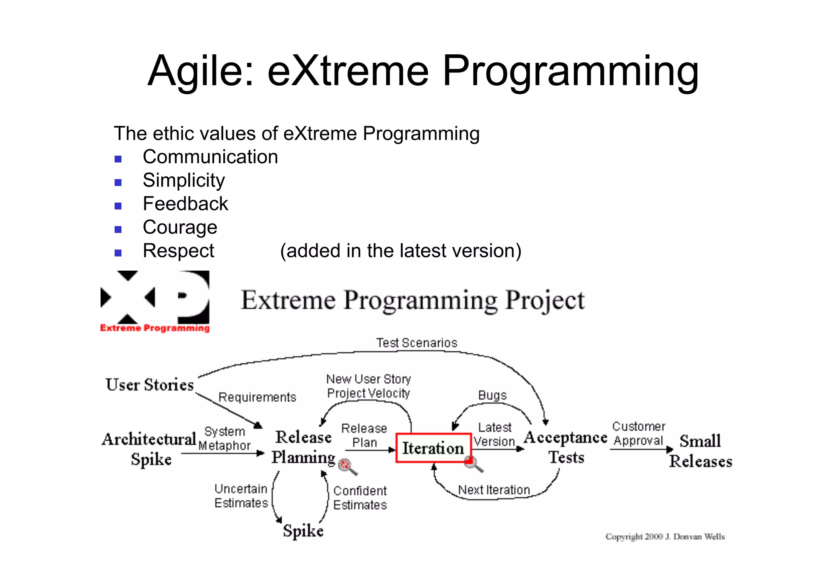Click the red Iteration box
pos(433,448)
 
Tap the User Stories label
pos(150,385)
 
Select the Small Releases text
pos(700,451)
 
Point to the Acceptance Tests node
pos(566,447)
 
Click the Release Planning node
pos(303,447)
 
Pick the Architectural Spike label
pos(149,449)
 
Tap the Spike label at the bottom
pos(303,531)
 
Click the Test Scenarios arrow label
pos(416,343)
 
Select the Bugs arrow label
pos(492,395)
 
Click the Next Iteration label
pos(494,490)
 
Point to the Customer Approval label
pos(638,434)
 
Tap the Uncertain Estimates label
pos(241,496)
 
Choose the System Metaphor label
pos(225,438)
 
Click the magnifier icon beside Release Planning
pos(347,467)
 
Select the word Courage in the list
pos(180,228)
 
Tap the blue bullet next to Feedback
pos(118,206)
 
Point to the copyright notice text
pos(665,537)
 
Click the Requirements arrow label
pos(257,397)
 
